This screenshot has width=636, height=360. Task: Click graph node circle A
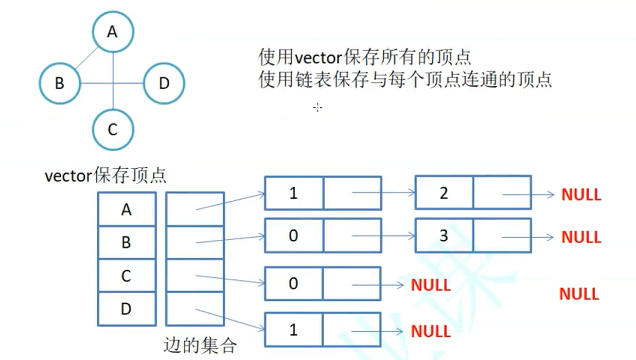pyautogui.click(x=113, y=32)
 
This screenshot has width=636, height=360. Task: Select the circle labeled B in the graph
pyautogui.click(x=60, y=83)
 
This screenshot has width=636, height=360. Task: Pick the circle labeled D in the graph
pyautogui.click(x=164, y=83)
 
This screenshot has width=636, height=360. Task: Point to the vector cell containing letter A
pyautogui.click(x=127, y=210)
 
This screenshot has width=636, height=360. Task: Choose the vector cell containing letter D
pyautogui.click(x=127, y=309)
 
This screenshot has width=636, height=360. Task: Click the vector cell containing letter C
pyautogui.click(x=127, y=276)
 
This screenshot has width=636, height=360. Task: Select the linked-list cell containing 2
pyautogui.click(x=444, y=193)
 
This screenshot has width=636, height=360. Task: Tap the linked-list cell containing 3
pyautogui.click(x=444, y=236)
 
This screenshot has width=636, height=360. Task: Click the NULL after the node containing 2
pyautogui.click(x=581, y=194)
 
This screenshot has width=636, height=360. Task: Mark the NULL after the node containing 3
pyautogui.click(x=581, y=237)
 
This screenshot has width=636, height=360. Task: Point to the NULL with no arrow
pyautogui.click(x=579, y=294)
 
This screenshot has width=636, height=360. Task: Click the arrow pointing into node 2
pyautogui.click(x=384, y=193)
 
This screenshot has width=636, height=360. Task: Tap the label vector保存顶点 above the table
pyautogui.click(x=106, y=176)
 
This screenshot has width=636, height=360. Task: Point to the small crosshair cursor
pyautogui.click(x=318, y=107)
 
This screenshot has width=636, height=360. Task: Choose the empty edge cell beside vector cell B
pyautogui.click(x=195, y=242)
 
